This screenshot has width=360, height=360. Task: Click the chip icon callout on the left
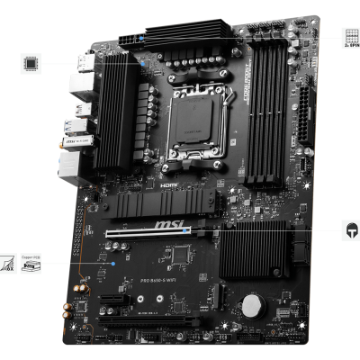pos(31,63)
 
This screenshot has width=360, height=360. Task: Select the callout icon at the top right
pos(350,38)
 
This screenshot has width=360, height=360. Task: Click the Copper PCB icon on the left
pos(31,265)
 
